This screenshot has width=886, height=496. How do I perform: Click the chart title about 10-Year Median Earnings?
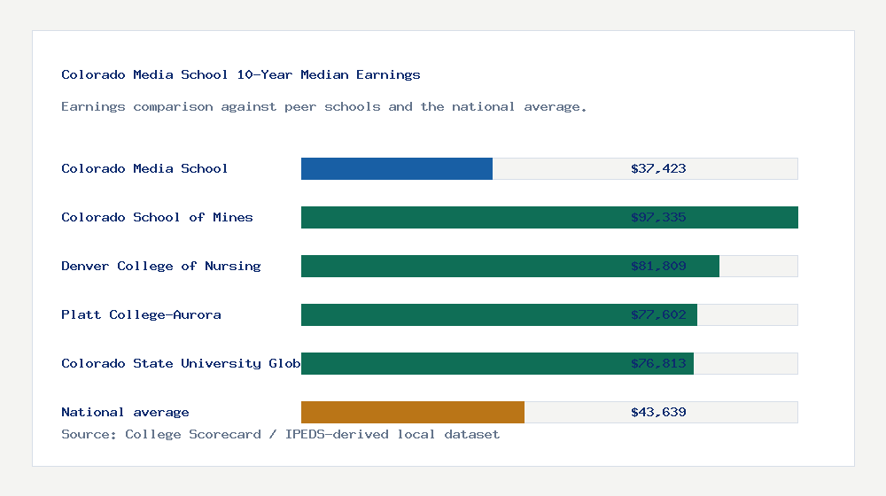[x=240, y=75]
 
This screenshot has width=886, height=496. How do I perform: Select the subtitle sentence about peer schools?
[x=323, y=107]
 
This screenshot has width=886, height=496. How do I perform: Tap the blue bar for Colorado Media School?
[x=396, y=168]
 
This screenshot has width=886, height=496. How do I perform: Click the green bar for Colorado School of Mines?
[x=461, y=217]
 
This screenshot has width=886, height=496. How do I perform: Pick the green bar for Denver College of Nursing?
[x=461, y=266]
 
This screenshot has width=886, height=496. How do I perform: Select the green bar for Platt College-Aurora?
[x=461, y=314]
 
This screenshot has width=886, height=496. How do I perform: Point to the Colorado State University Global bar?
[x=461, y=363]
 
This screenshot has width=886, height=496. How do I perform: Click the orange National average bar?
[x=412, y=412]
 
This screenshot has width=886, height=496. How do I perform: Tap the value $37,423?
[x=658, y=168]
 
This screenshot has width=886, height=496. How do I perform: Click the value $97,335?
[x=658, y=217]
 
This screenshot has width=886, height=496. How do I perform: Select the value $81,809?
[x=658, y=266]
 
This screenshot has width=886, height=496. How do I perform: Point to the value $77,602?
[x=658, y=314]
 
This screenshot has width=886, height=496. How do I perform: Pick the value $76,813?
[x=658, y=363]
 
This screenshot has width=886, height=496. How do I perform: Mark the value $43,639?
[x=658, y=412]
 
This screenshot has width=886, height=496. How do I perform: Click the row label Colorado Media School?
[x=144, y=168]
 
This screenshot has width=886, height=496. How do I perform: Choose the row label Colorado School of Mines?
[x=157, y=217]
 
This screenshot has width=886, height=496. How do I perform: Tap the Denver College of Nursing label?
[x=160, y=266]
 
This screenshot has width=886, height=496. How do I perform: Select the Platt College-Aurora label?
[x=141, y=314]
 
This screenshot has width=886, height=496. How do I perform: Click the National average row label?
[x=125, y=412]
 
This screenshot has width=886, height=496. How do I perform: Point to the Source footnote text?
[x=280, y=434]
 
